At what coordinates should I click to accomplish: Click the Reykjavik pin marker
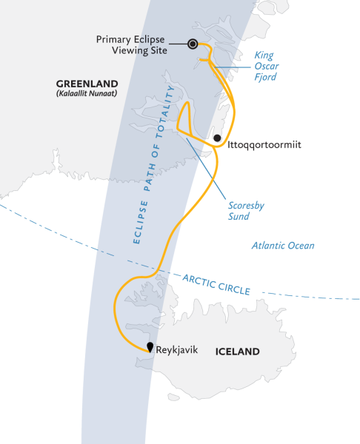point(150,346)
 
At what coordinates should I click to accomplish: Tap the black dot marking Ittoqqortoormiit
point(217,138)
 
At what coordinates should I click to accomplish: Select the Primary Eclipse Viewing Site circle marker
point(193,44)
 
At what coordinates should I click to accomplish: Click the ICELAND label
point(237,351)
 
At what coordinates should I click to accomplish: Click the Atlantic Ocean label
point(282,246)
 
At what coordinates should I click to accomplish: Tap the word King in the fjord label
point(264,54)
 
